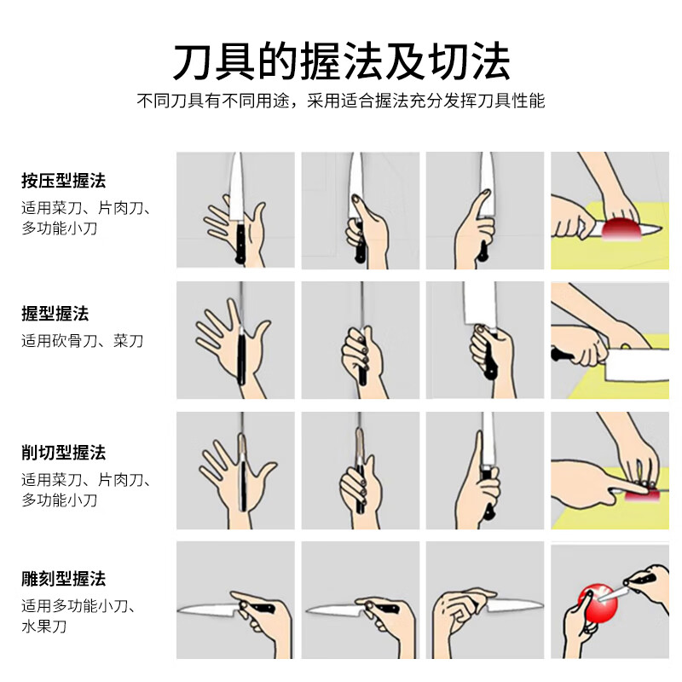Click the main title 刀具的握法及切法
click(x=341, y=61)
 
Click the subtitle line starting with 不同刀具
click(x=341, y=101)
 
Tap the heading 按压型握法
click(x=64, y=181)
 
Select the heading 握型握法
click(x=55, y=314)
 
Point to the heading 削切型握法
click(x=64, y=452)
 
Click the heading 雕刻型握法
click(x=64, y=580)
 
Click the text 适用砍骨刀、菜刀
click(x=83, y=341)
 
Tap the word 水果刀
click(x=44, y=627)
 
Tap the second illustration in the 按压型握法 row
click(x=360, y=211)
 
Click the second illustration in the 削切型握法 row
click(x=360, y=471)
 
